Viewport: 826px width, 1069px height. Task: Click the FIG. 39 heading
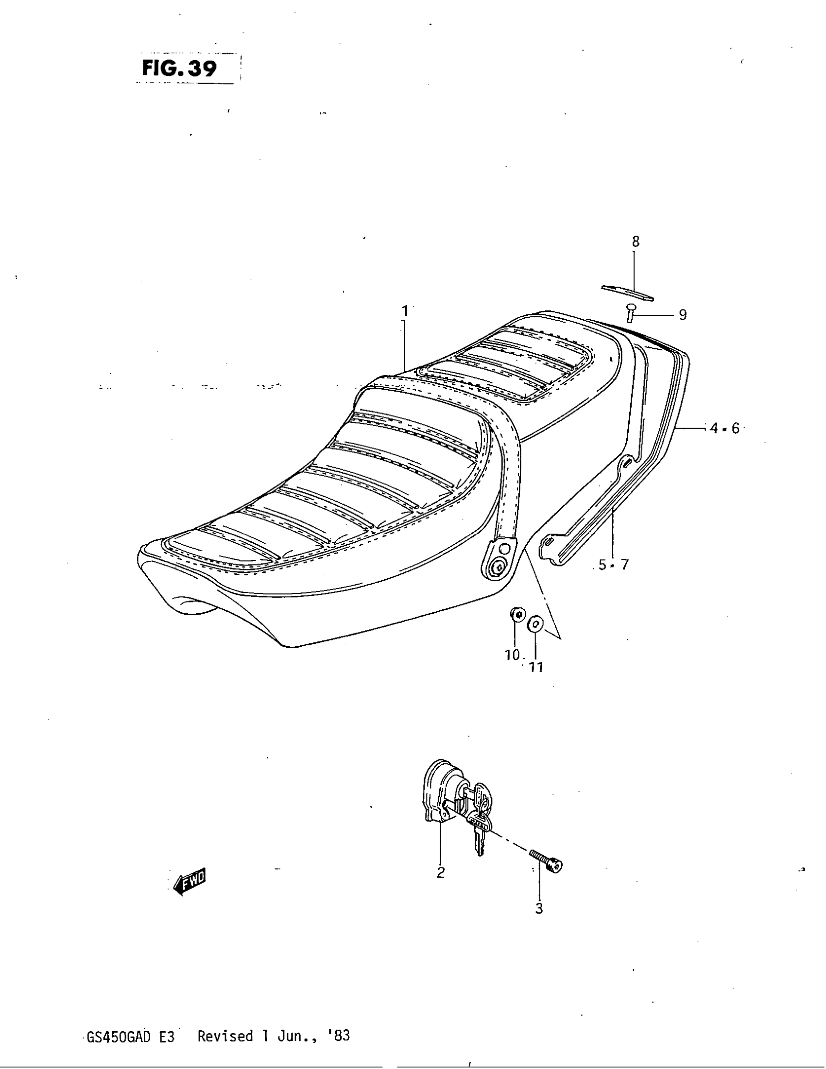click(179, 69)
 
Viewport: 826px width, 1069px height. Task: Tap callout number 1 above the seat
click(405, 311)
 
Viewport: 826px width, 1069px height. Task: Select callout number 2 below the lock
click(440, 873)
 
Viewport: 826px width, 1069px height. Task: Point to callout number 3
click(539, 909)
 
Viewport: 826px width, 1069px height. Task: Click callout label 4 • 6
click(725, 428)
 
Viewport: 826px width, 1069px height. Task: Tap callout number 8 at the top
click(636, 241)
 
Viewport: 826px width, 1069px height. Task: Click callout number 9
click(683, 315)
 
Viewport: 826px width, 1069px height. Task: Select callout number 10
click(512, 655)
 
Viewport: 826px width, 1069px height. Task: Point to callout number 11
click(536, 667)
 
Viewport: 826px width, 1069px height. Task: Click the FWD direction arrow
click(191, 882)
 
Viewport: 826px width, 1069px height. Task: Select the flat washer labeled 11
click(535, 624)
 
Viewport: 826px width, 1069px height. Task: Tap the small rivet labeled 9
click(630, 312)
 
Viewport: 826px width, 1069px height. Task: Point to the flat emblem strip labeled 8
click(627, 292)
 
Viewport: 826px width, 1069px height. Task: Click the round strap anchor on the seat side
click(499, 566)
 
